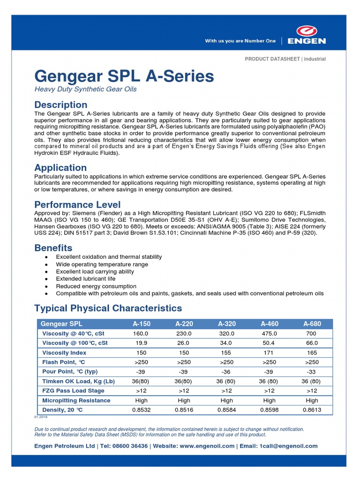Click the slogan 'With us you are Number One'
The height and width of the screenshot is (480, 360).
coord(240,41)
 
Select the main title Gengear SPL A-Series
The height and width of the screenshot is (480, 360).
coord(124,76)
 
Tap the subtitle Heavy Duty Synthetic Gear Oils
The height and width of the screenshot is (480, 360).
coord(86,89)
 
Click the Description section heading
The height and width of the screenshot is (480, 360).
coord(61,105)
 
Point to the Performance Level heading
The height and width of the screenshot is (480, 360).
coord(77,205)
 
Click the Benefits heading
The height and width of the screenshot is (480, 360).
coord(53,248)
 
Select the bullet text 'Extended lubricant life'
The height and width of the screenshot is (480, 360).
coord(85,279)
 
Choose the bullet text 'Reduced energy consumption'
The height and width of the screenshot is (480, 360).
coord(96,286)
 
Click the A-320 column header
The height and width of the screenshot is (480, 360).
coord(227,324)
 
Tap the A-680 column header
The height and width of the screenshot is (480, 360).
coord(312,324)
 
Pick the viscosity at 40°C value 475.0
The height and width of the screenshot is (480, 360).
coord(269,334)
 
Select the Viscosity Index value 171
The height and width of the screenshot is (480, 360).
coord(269,352)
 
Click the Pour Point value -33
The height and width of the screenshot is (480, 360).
coord(312,372)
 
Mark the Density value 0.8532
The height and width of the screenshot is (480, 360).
coord(141,410)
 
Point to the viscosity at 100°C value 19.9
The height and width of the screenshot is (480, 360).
coord(141,343)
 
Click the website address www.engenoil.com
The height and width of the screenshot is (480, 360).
coord(207,446)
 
